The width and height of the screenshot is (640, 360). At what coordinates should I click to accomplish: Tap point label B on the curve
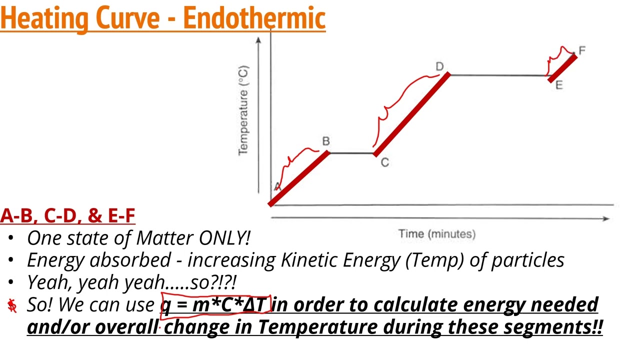point(326,141)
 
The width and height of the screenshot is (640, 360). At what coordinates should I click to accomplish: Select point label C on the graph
point(384,162)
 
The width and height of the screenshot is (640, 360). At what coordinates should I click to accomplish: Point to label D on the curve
point(439,66)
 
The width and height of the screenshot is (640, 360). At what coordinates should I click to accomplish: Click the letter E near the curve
point(559,85)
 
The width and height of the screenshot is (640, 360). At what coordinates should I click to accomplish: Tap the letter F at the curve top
point(582,50)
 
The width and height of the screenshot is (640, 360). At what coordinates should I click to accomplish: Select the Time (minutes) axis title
point(437,233)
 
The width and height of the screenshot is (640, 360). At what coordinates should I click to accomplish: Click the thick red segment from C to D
point(411,114)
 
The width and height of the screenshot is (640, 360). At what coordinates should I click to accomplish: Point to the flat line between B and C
point(351,153)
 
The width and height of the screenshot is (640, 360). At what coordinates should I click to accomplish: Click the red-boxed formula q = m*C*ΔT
point(215,304)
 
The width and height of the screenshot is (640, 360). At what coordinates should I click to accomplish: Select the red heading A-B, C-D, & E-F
point(67,215)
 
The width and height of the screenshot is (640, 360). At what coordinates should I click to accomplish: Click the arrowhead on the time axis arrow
point(605,218)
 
